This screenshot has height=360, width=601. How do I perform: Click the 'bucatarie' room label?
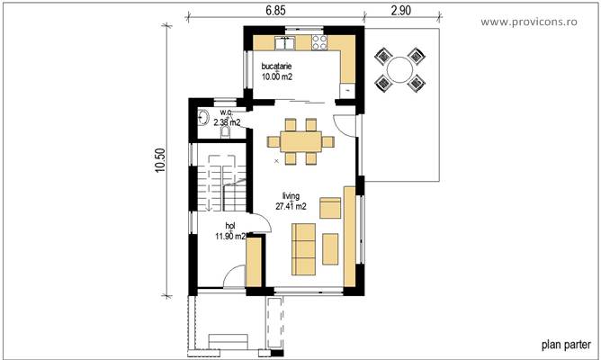tap(276, 67)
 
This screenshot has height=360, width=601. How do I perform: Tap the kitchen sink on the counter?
tap(286, 41)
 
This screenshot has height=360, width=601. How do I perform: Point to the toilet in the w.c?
tap(225, 131)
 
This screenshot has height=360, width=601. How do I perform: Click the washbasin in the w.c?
tap(202, 117)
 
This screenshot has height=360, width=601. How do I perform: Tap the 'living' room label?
tap(291, 195)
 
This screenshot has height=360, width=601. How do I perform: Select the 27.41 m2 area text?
tap(291, 206)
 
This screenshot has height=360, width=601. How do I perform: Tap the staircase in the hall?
tap(219, 184)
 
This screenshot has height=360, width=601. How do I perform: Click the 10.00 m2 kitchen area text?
tap(277, 77)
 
